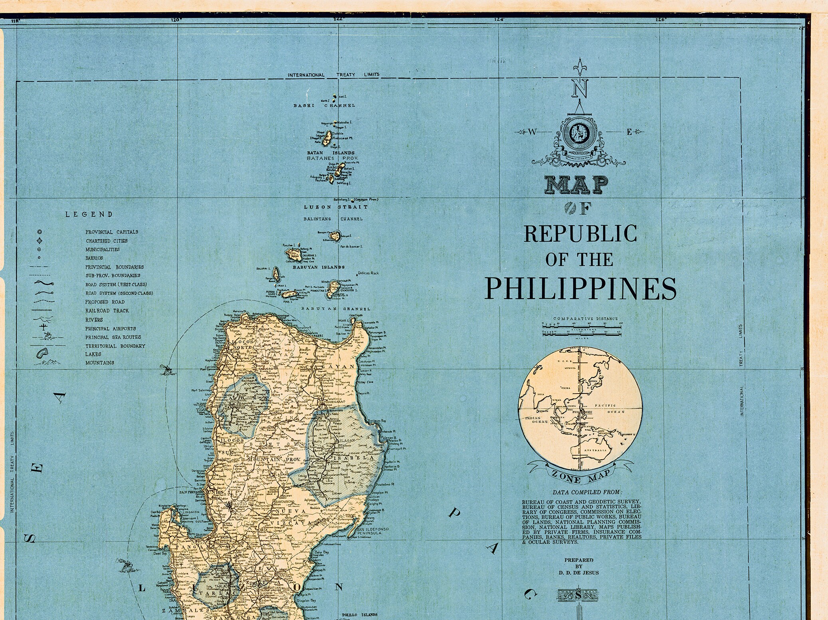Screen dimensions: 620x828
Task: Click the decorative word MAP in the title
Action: click(x=577, y=185)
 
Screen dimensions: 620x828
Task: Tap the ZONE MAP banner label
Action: click(x=580, y=475)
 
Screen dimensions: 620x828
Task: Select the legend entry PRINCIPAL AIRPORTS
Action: click(x=110, y=329)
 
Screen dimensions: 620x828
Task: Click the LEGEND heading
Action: click(x=89, y=215)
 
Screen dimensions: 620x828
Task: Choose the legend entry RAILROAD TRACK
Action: click(x=107, y=311)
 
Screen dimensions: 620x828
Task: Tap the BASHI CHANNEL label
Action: click(x=324, y=106)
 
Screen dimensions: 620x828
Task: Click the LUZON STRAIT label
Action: click(x=336, y=207)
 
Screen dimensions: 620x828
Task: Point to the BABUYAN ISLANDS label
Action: click(x=318, y=267)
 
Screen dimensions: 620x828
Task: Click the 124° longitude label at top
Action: click(x=499, y=19)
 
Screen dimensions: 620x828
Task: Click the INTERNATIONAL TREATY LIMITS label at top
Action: click(x=333, y=75)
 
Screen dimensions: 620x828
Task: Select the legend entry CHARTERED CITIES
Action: click(x=107, y=241)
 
